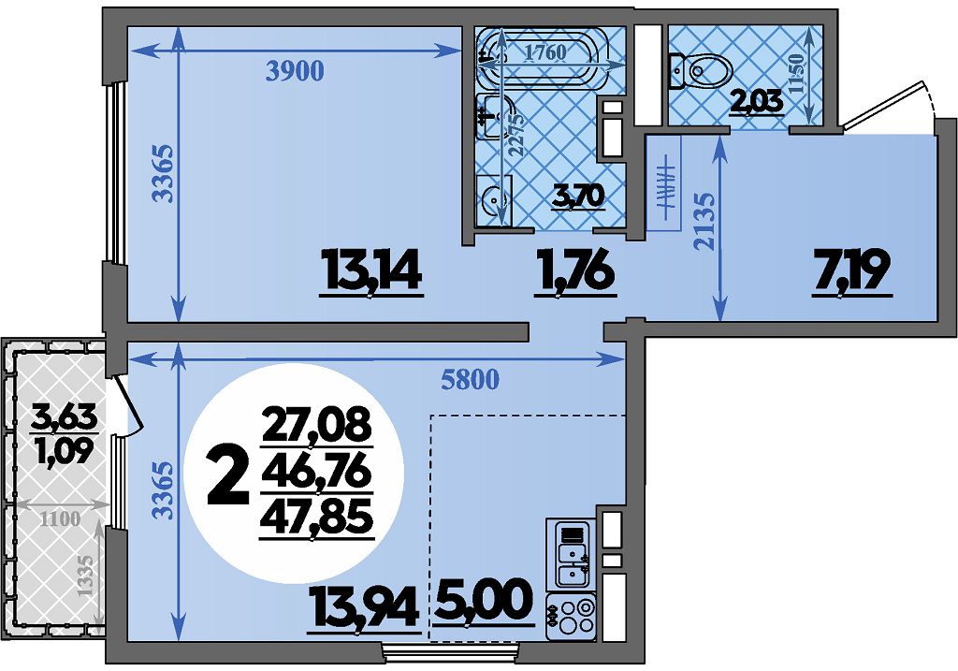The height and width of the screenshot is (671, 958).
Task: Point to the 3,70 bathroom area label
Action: (578, 197)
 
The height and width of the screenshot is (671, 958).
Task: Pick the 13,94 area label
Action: (364, 605)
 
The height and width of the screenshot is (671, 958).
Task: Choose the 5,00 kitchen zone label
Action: (482, 603)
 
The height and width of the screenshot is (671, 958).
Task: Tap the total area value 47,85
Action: (316, 519)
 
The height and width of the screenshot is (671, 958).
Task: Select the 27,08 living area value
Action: (316, 425)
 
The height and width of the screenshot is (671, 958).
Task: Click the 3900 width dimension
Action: (294, 72)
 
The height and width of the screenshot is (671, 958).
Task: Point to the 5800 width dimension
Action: (470, 380)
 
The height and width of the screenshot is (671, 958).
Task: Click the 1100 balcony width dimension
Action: (61, 519)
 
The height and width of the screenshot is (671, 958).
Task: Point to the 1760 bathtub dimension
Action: (546, 52)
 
